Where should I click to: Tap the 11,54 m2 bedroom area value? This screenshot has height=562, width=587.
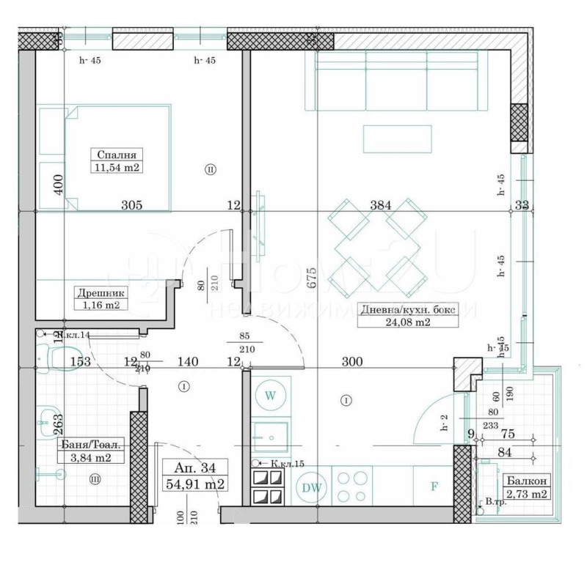click(x=117, y=168)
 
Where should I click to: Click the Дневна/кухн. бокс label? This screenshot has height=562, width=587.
click(x=407, y=309)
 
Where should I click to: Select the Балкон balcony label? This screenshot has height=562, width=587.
click(x=524, y=481)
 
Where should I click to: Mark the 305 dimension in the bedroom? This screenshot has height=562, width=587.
click(x=131, y=206)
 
